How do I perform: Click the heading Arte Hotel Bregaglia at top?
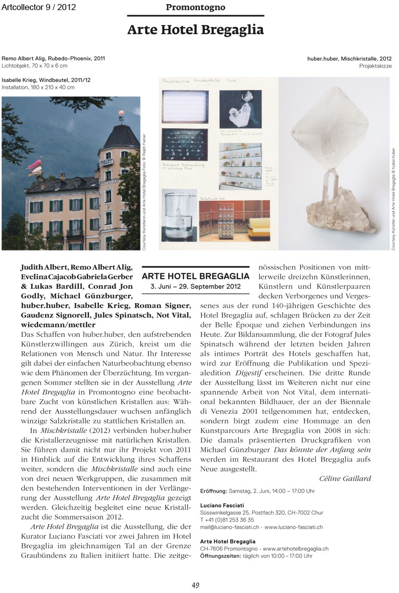click(195, 30)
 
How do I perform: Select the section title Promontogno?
click(195, 8)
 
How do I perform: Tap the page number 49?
click(196, 584)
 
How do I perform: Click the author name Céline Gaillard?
click(345, 478)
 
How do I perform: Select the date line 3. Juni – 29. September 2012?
click(196, 286)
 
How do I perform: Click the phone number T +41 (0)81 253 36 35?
click(227, 520)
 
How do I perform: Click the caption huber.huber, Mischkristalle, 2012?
click(349, 59)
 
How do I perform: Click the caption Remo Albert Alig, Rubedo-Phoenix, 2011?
click(53, 59)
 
